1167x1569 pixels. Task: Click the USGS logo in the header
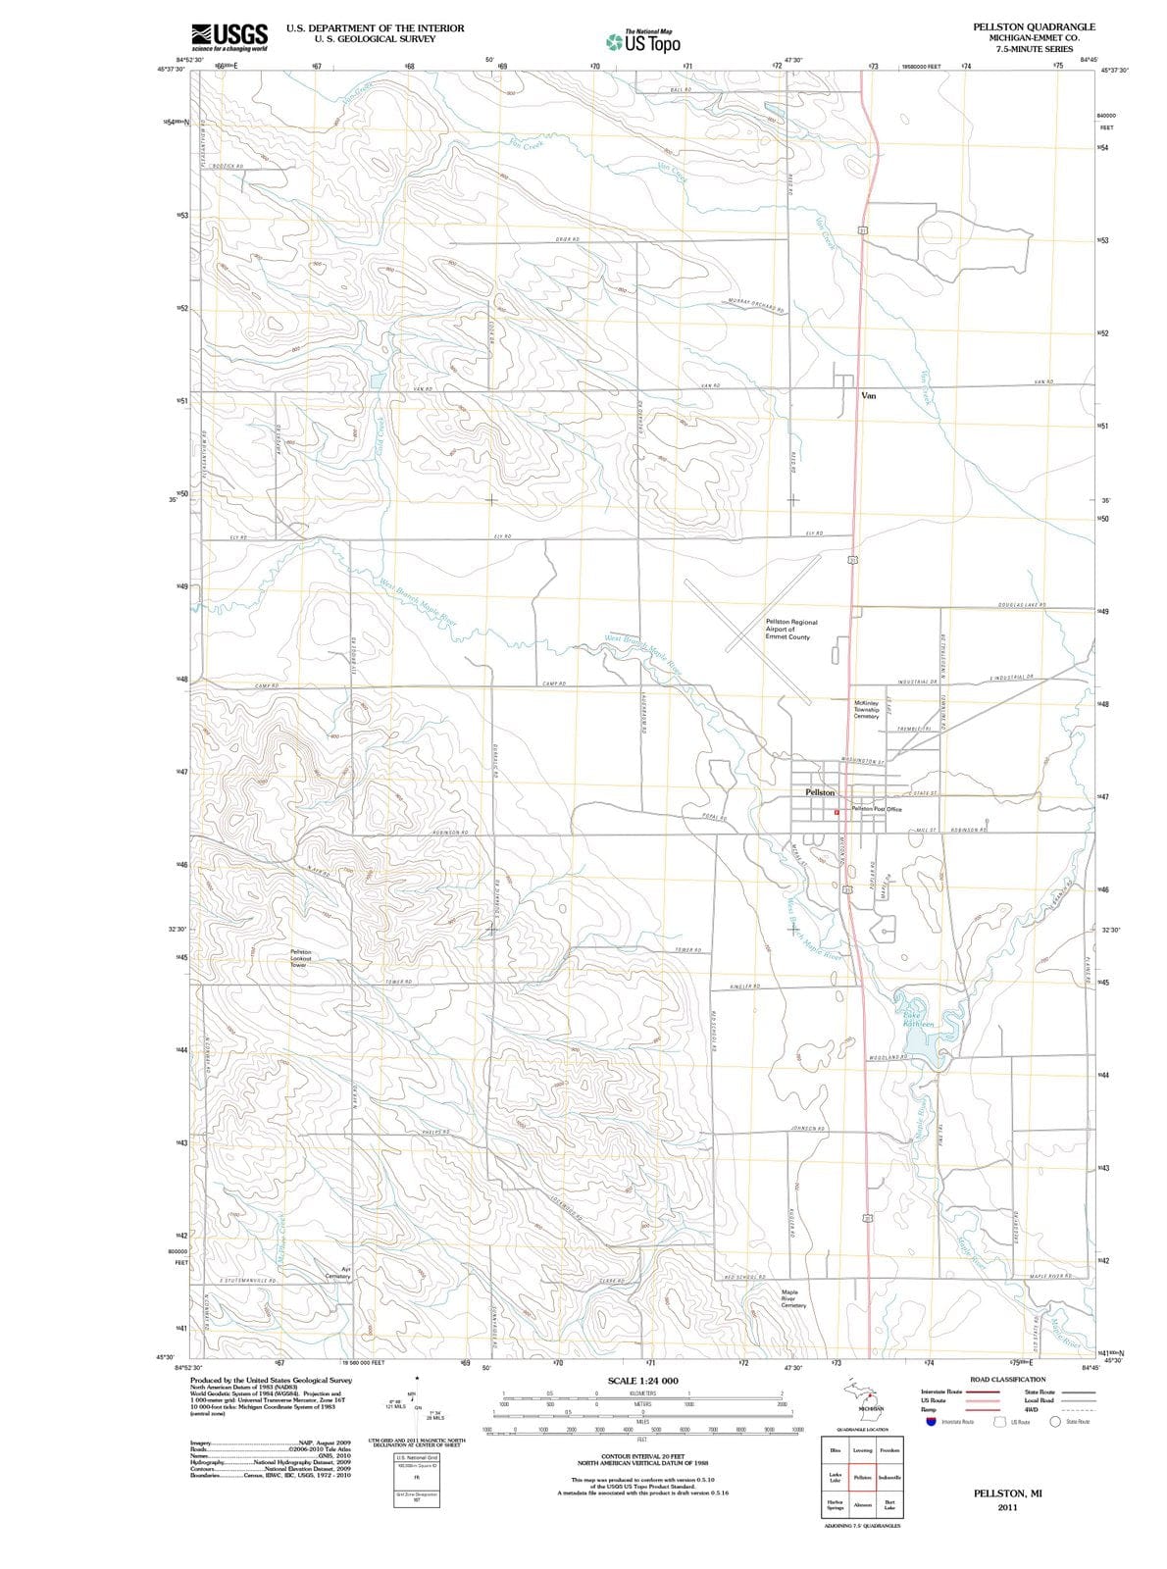229,36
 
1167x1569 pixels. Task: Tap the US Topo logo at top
643,42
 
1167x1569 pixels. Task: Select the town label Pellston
820,791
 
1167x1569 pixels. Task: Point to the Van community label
868,396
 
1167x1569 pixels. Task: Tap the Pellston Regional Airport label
790,630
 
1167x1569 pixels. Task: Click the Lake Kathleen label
918,1017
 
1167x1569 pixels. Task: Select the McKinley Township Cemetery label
866,709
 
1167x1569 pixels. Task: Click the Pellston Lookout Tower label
301,958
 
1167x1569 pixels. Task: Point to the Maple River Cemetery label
793,1298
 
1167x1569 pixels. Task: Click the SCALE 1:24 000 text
642,1381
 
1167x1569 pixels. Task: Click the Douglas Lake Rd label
1022,605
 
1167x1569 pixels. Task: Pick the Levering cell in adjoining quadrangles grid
862,1450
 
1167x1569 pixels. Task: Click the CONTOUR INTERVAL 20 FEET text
642,1457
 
